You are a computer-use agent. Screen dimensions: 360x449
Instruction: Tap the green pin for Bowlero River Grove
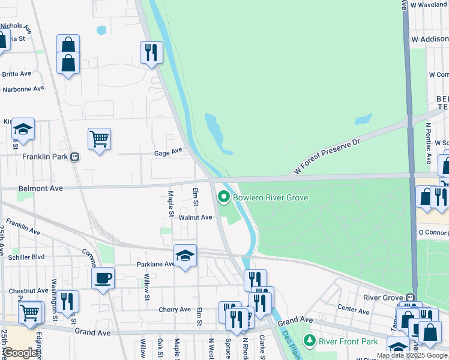coord(224,197)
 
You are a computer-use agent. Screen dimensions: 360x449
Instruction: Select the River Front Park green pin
coord(309,341)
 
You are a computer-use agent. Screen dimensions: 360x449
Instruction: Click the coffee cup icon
coord(103,278)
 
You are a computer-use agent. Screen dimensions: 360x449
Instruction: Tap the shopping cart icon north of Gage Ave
coord(99,139)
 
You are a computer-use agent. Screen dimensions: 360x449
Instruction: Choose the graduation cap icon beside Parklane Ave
coord(185,256)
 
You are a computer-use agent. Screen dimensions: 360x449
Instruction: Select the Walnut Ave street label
coord(195,218)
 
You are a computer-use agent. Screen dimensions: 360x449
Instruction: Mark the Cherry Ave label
coord(175,310)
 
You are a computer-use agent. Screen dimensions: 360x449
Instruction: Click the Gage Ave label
coord(167,152)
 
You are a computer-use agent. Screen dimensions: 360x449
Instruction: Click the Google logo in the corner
coord(20,353)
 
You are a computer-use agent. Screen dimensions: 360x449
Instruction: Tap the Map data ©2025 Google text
coord(412,355)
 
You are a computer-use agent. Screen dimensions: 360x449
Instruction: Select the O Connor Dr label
coord(433,232)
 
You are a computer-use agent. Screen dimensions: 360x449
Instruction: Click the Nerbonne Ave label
coord(23,89)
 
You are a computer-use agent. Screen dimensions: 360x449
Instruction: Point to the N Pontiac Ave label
coord(428,144)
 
